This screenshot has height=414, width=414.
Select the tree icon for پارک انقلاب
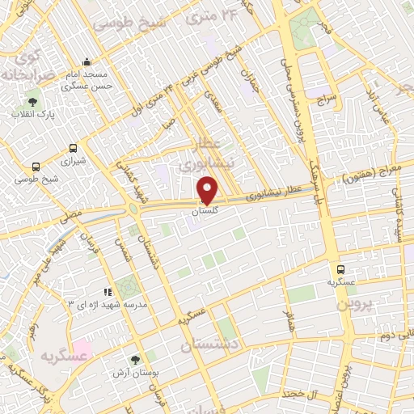[32, 103]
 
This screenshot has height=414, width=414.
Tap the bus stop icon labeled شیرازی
[73, 148]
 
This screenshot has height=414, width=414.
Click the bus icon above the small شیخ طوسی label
[35, 167]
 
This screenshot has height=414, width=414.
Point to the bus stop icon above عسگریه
[340, 269]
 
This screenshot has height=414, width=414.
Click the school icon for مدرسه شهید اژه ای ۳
[106, 291]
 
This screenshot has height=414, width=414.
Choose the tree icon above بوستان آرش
[135, 360]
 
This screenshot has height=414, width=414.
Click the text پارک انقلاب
[33, 115]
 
